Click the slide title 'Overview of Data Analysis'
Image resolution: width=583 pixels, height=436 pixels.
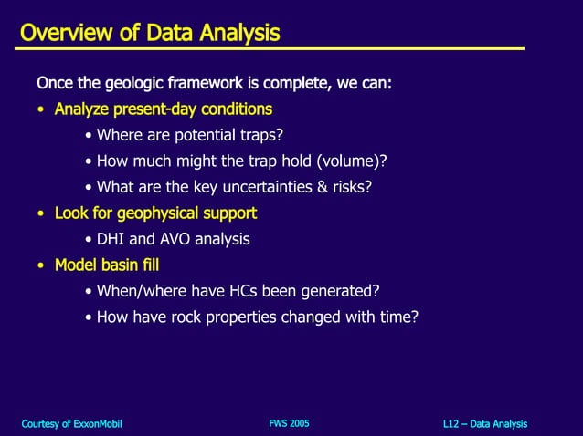pos(150,34)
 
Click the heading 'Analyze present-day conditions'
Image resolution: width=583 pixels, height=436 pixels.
pos(163,109)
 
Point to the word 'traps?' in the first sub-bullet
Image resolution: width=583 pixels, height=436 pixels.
pos(260,136)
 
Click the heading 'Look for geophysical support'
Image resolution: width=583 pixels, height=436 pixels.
pos(155,213)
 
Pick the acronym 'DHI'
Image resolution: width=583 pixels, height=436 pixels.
pos(111,240)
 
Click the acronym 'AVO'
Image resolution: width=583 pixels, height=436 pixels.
pos(177,240)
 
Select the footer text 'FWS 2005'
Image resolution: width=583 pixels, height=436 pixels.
pos(289,423)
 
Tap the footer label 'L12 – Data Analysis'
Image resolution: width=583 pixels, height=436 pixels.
pos(484,424)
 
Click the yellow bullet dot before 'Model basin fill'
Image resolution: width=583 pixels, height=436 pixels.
pos(41,266)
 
